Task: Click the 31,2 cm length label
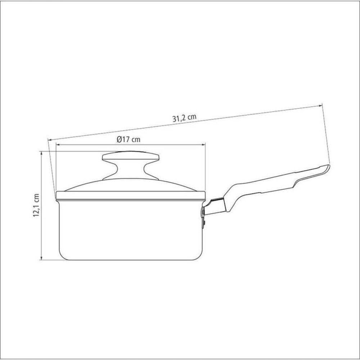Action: click(184, 118)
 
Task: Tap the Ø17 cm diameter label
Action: click(129, 139)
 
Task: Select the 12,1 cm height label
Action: click(36, 206)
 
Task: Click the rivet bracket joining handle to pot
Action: click(203, 215)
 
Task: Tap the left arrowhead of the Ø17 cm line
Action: click(58, 145)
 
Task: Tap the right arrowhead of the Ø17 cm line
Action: click(203, 145)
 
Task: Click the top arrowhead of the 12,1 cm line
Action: click(41, 153)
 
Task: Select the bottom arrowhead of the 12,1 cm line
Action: click(41, 258)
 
